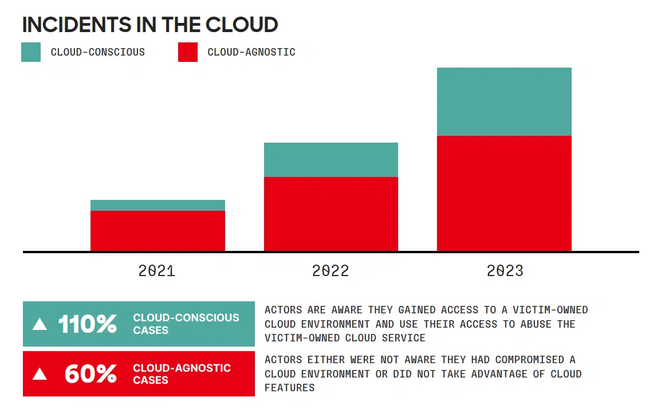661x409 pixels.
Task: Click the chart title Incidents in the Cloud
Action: coord(150,25)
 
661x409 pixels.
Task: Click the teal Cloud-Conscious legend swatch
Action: coord(31,52)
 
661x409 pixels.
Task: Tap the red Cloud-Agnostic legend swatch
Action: coord(188,52)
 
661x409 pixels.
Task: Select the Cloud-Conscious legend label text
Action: coord(97,52)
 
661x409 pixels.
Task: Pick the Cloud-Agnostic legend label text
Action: coord(251,52)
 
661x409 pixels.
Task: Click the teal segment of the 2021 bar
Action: coord(158,205)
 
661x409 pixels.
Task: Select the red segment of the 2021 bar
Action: coord(158,231)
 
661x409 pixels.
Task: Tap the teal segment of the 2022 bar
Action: coord(331,160)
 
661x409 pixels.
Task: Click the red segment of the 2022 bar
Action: coord(331,214)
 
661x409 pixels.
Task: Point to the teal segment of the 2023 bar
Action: coord(504,101)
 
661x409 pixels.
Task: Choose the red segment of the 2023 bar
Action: coord(504,193)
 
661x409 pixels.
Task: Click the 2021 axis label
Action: coord(157,271)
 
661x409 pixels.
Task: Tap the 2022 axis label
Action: coord(331,271)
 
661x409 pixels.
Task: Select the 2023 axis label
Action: coord(505,271)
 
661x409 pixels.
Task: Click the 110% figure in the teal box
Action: coord(87,324)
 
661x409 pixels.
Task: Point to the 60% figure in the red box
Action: coord(91,374)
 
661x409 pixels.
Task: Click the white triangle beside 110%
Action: coord(40,324)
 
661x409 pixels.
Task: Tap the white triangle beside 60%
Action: coord(40,374)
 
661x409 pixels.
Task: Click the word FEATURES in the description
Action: coord(289,388)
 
